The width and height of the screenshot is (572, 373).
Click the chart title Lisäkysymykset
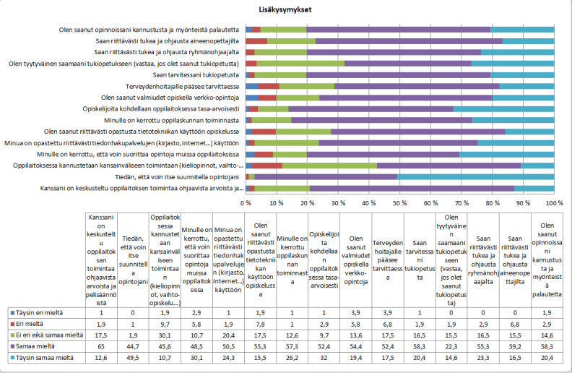(x=286, y=11)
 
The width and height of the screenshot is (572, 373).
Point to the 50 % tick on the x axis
(x=400, y=203)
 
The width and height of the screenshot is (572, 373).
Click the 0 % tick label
(x=246, y=203)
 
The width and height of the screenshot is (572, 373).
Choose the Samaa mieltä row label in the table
(x=37, y=346)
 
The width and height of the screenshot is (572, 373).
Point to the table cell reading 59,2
(x=515, y=346)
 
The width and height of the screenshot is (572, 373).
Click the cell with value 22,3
(x=451, y=346)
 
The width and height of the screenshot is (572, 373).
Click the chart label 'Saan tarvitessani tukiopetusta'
(x=196, y=74)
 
